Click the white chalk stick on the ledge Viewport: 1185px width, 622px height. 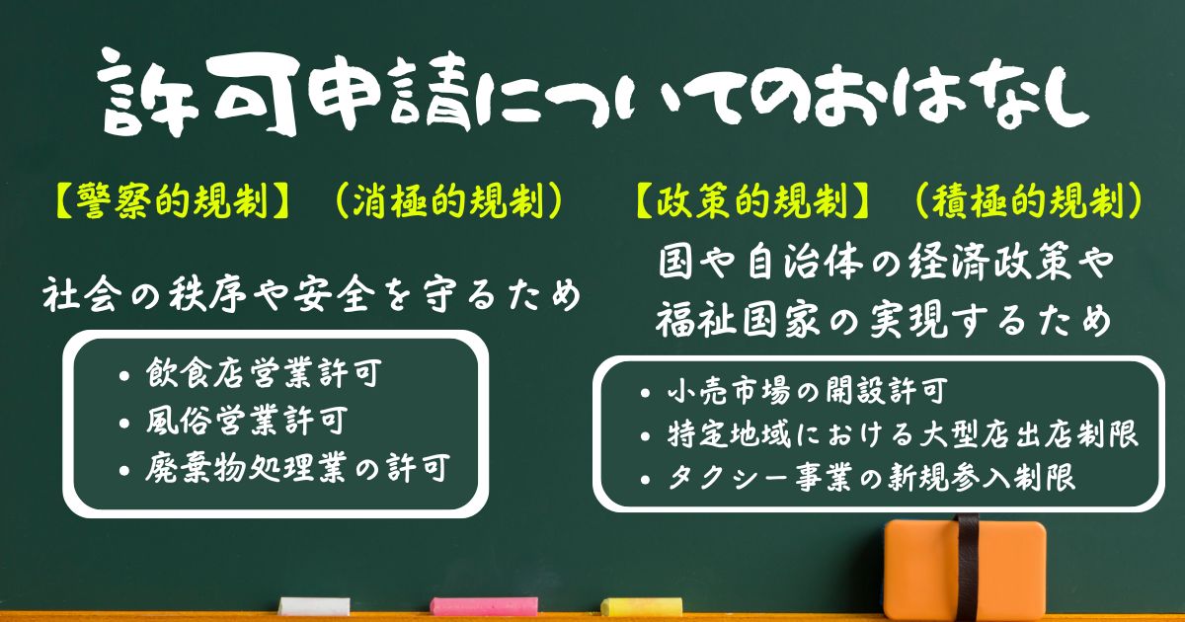pos(314,606)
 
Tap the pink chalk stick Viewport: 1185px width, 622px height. pos(484,606)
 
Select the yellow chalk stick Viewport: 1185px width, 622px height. pos(641,606)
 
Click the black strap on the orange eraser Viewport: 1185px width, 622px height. pos(968,568)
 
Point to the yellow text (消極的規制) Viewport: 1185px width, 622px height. pos(449,201)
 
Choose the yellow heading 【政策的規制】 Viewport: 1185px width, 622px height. pos(752,201)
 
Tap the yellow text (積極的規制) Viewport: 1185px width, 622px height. pos(1029,201)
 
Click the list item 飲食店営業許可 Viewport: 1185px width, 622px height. pos(264,373)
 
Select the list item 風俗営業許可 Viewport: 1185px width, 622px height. pos(247,421)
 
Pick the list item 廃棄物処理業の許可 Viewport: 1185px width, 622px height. pos(298,468)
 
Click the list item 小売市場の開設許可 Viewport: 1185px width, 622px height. pos(806,391)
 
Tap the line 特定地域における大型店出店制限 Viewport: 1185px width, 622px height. pos(902,434)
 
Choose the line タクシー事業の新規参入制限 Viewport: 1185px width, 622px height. pos(871,477)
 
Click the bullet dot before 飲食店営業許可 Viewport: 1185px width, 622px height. pos(124,376)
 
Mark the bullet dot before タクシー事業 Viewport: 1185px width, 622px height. pos(644,480)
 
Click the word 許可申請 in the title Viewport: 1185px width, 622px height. pos(284,94)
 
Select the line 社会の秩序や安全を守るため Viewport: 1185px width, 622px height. pos(312,294)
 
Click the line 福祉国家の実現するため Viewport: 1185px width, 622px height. pos(883,320)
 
